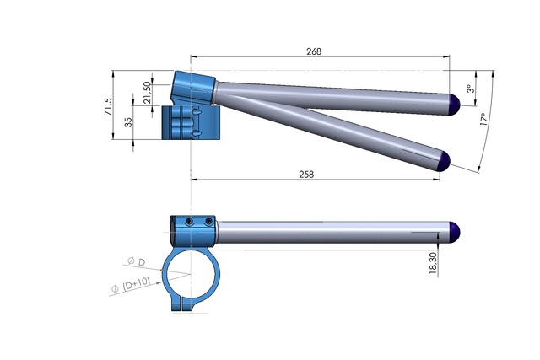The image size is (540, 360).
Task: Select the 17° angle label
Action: pos(482,121)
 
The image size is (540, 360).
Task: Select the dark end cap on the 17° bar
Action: pos(443,160)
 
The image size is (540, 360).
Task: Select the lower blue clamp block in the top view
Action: pos(190,123)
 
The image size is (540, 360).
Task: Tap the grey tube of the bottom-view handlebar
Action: pos(329,231)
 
